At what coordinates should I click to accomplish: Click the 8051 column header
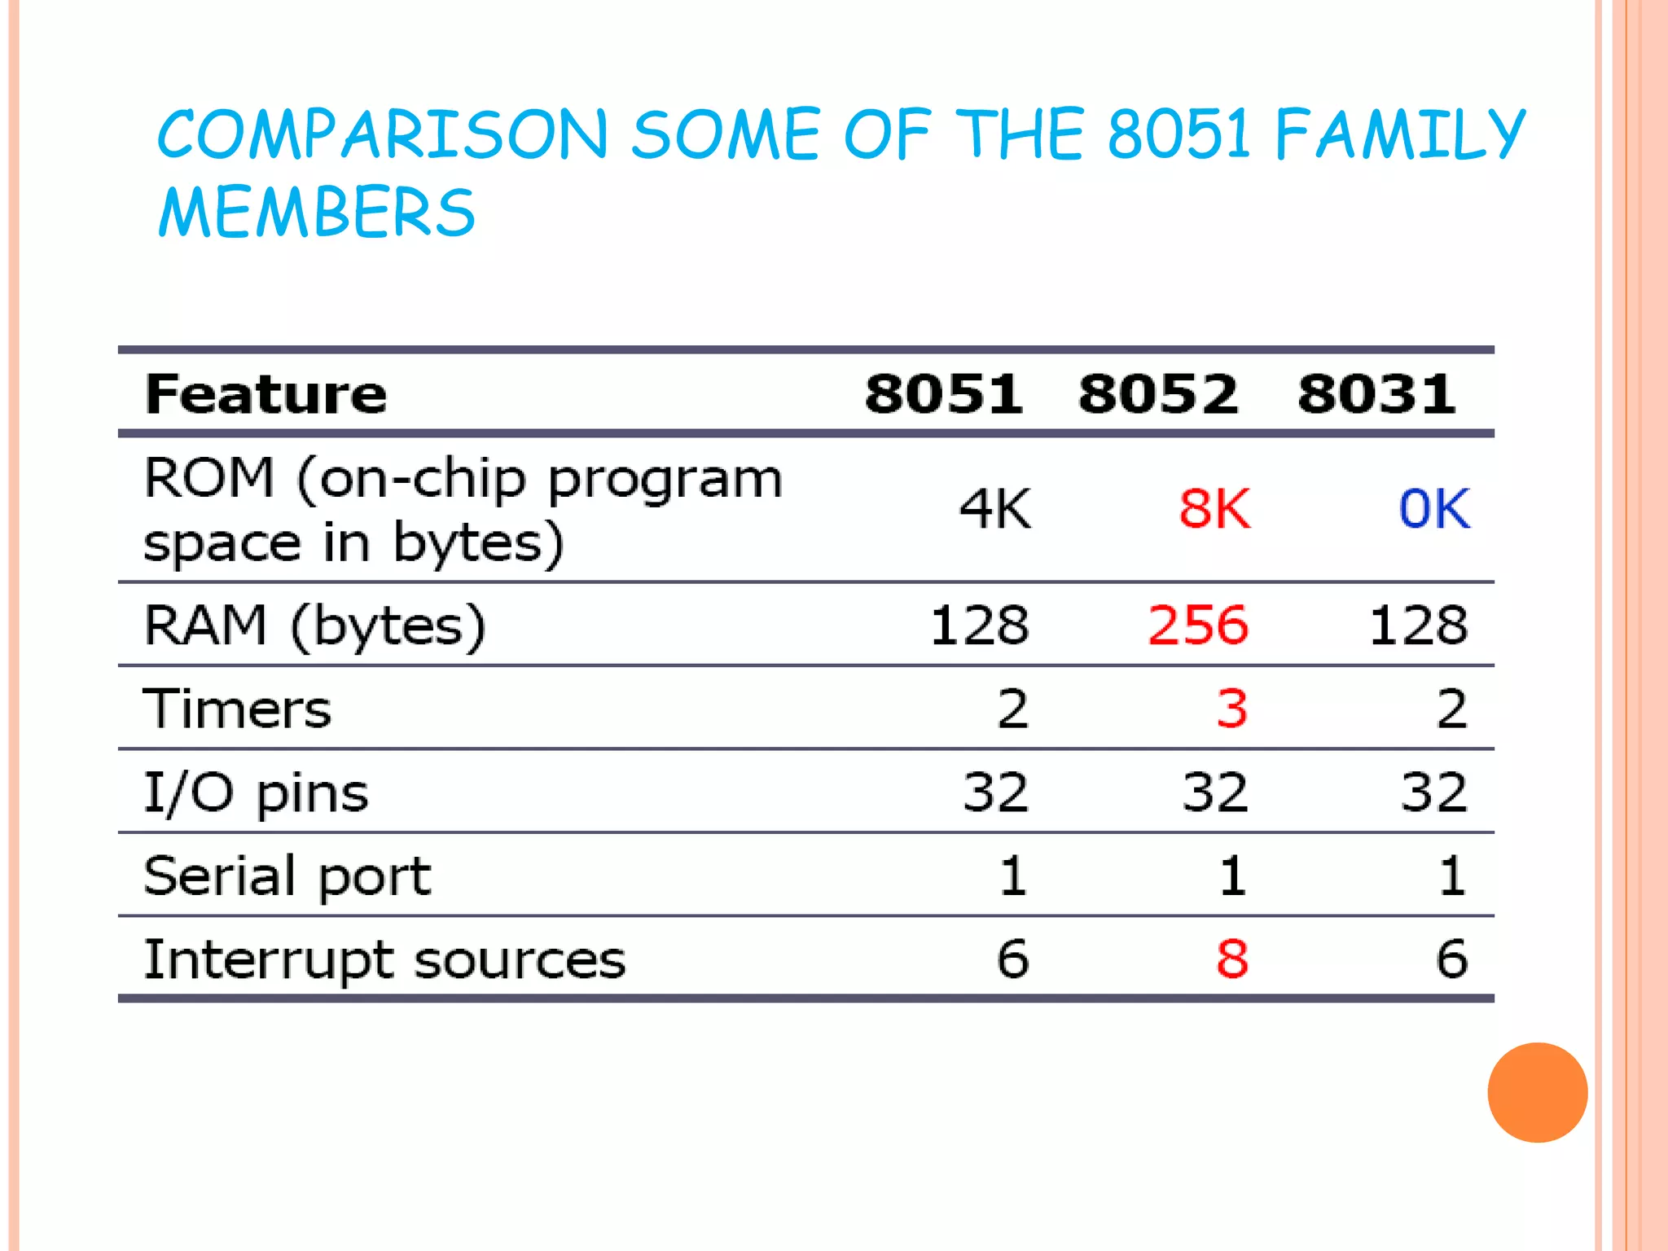click(x=943, y=394)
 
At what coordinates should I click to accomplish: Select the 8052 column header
click(x=1157, y=394)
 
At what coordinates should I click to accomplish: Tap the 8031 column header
click(x=1376, y=394)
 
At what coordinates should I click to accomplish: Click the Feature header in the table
click(x=266, y=394)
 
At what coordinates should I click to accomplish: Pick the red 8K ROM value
click(x=1214, y=509)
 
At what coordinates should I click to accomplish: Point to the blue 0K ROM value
click(x=1434, y=509)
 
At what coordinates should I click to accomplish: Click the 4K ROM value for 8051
click(x=994, y=509)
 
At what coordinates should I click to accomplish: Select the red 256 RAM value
click(x=1198, y=625)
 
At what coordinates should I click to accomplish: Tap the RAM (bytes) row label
click(x=314, y=625)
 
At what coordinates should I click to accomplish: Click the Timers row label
click(x=237, y=709)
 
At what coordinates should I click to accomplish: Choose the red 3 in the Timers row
click(x=1231, y=709)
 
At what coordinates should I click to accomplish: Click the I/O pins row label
click(x=256, y=792)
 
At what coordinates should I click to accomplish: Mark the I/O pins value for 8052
click(x=1214, y=792)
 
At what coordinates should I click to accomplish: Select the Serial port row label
click(x=287, y=876)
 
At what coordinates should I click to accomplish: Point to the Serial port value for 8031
click(x=1451, y=876)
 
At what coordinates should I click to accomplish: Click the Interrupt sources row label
click(x=384, y=959)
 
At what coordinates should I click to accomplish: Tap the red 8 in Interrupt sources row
click(x=1231, y=959)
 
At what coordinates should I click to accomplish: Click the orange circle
click(x=1537, y=1092)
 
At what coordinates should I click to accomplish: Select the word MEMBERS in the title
click(x=316, y=212)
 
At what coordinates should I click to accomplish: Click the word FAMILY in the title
click(x=1399, y=134)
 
